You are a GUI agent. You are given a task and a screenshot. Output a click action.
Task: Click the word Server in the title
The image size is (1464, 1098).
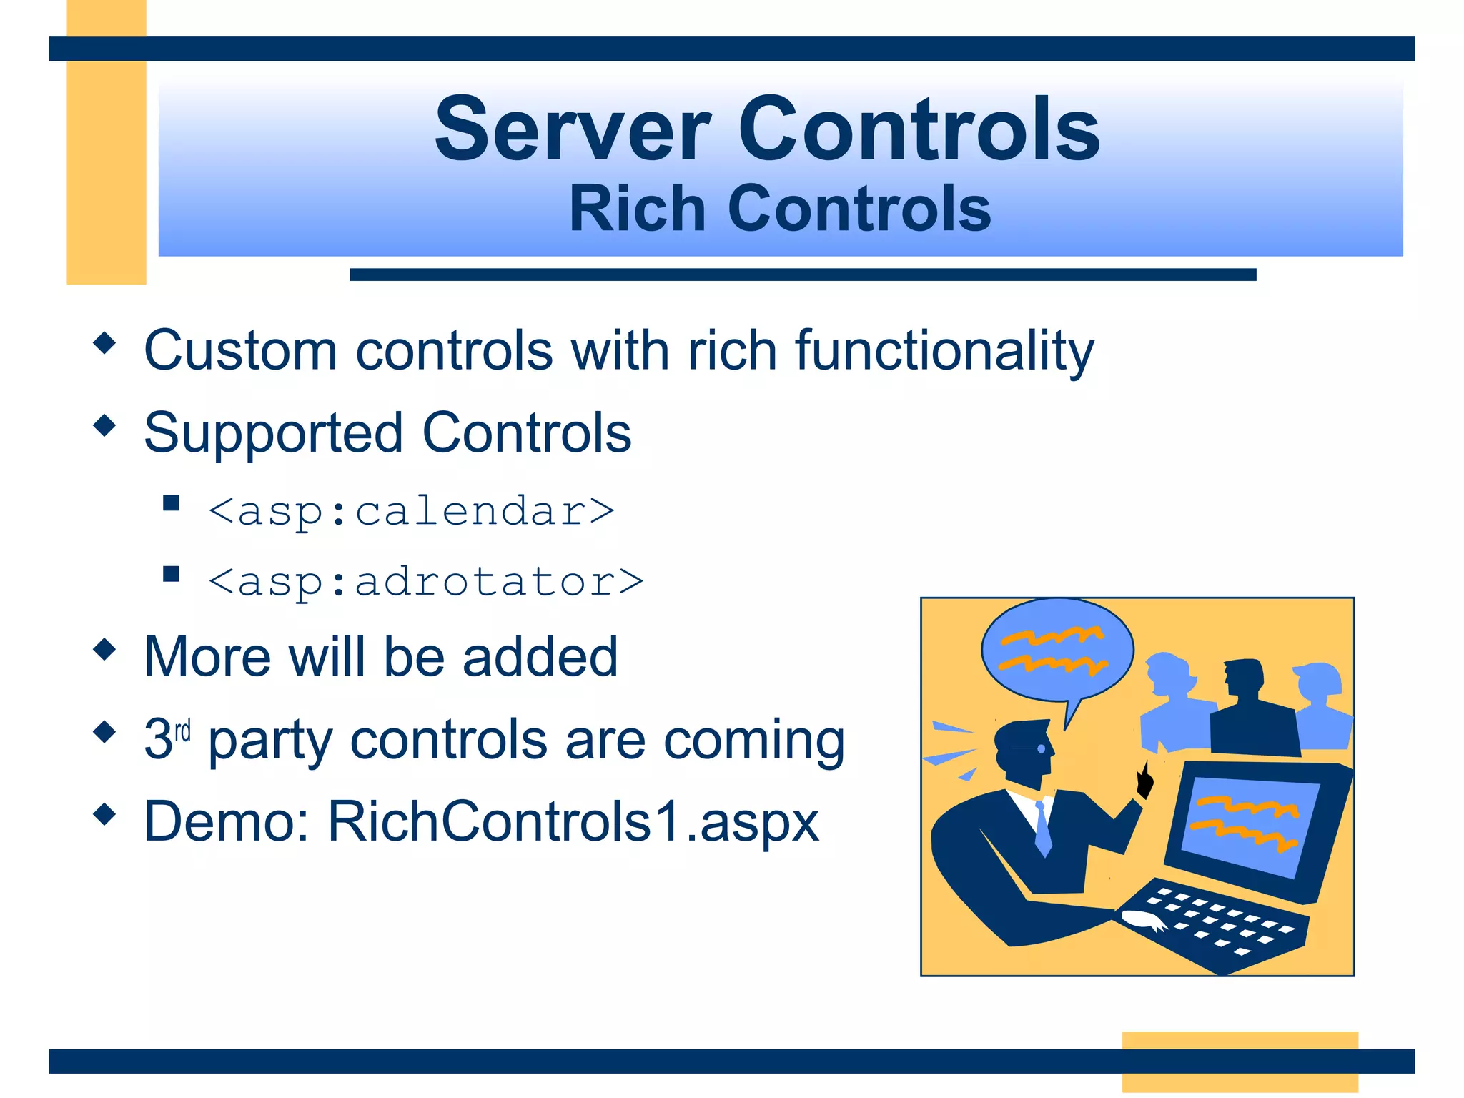click(573, 131)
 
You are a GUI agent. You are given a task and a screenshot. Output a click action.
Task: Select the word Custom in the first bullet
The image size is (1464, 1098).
click(240, 350)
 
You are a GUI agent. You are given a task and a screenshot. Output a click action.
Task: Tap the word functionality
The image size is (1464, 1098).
click(944, 352)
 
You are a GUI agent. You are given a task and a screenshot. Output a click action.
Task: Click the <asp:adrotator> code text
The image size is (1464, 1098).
click(426, 581)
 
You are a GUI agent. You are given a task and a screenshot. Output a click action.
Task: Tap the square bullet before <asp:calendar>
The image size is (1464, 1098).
click(171, 503)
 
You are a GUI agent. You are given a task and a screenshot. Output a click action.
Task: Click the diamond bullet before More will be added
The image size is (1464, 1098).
click(104, 649)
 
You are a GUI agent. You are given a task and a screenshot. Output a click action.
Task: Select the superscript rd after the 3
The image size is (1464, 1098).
click(183, 731)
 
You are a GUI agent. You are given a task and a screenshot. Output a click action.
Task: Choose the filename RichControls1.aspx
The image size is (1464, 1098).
click(573, 822)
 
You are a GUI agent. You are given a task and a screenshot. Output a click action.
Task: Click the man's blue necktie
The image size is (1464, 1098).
click(1043, 829)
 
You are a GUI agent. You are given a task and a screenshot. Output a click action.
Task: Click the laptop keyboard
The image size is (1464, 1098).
click(1215, 922)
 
